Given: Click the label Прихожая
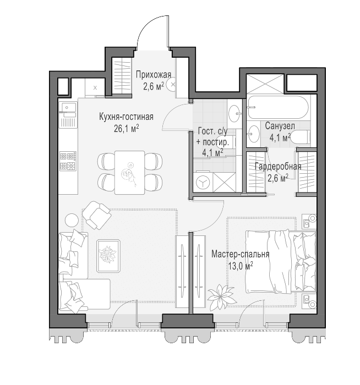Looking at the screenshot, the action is (154, 74).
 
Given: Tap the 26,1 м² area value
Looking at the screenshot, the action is (127, 128).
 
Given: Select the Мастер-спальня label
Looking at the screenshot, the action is (241, 254).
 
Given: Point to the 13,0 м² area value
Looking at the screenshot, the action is (241, 266).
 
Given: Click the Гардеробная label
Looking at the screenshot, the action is (278, 167).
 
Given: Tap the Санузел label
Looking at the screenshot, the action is (280, 126).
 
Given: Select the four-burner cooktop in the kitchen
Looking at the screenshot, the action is (68, 161).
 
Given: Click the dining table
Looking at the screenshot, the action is (129, 172).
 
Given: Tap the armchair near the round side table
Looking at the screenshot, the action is (96, 215).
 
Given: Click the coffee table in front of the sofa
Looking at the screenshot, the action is (108, 256).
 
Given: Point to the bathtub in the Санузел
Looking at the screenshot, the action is (277, 107).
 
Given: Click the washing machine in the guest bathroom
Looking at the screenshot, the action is (203, 183).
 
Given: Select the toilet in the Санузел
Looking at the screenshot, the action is (300, 137).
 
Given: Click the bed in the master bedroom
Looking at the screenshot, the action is (281, 261).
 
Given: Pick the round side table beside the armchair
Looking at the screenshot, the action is (72, 220).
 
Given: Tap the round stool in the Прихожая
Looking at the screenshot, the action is (172, 85).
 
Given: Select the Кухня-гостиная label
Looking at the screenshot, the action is (126, 117).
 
